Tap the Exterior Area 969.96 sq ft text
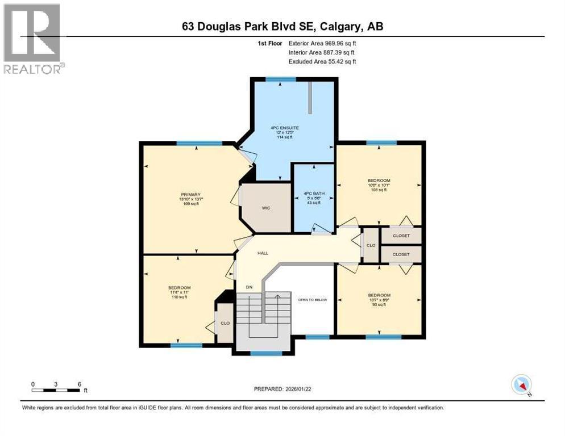[322, 43]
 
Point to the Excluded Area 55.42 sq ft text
[322, 61]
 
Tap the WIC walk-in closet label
[265, 208]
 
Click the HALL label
[263, 253]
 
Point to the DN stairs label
[248, 287]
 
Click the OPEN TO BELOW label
[313, 299]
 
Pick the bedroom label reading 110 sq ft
[179, 292]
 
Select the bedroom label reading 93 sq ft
[379, 299]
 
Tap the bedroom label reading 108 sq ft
[379, 185]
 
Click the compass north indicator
[521, 384]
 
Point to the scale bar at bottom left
[56, 389]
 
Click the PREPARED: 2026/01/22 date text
[282, 389]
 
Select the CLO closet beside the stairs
[225, 323]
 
